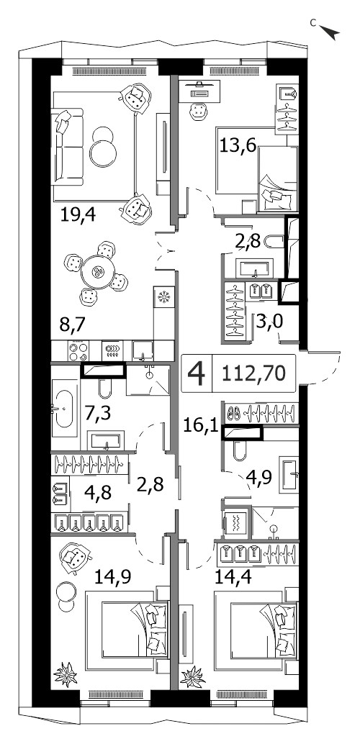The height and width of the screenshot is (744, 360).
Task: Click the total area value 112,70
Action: click(253, 373)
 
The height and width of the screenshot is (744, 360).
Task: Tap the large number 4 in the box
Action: click(197, 373)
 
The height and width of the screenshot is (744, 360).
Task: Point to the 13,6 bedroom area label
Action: click(238, 144)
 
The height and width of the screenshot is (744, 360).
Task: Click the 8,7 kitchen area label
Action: click(71, 327)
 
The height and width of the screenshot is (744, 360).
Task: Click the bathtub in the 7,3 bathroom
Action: click(64, 408)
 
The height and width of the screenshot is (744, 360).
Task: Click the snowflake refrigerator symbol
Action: click(164, 297)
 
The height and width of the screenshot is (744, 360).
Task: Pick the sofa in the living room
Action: click(66, 147)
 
